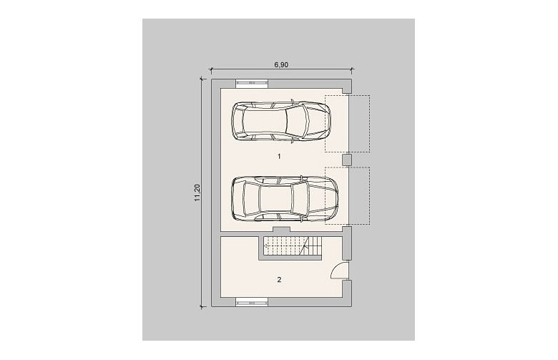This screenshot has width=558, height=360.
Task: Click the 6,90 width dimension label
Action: [281, 65]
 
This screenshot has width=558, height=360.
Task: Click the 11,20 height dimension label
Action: [198, 193]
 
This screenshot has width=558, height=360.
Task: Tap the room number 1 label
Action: [279, 156]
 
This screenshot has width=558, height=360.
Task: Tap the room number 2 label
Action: [279, 280]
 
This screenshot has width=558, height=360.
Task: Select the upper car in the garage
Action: [280, 121]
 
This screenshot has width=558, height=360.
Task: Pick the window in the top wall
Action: [252, 83]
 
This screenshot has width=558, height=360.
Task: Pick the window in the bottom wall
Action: [252, 303]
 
